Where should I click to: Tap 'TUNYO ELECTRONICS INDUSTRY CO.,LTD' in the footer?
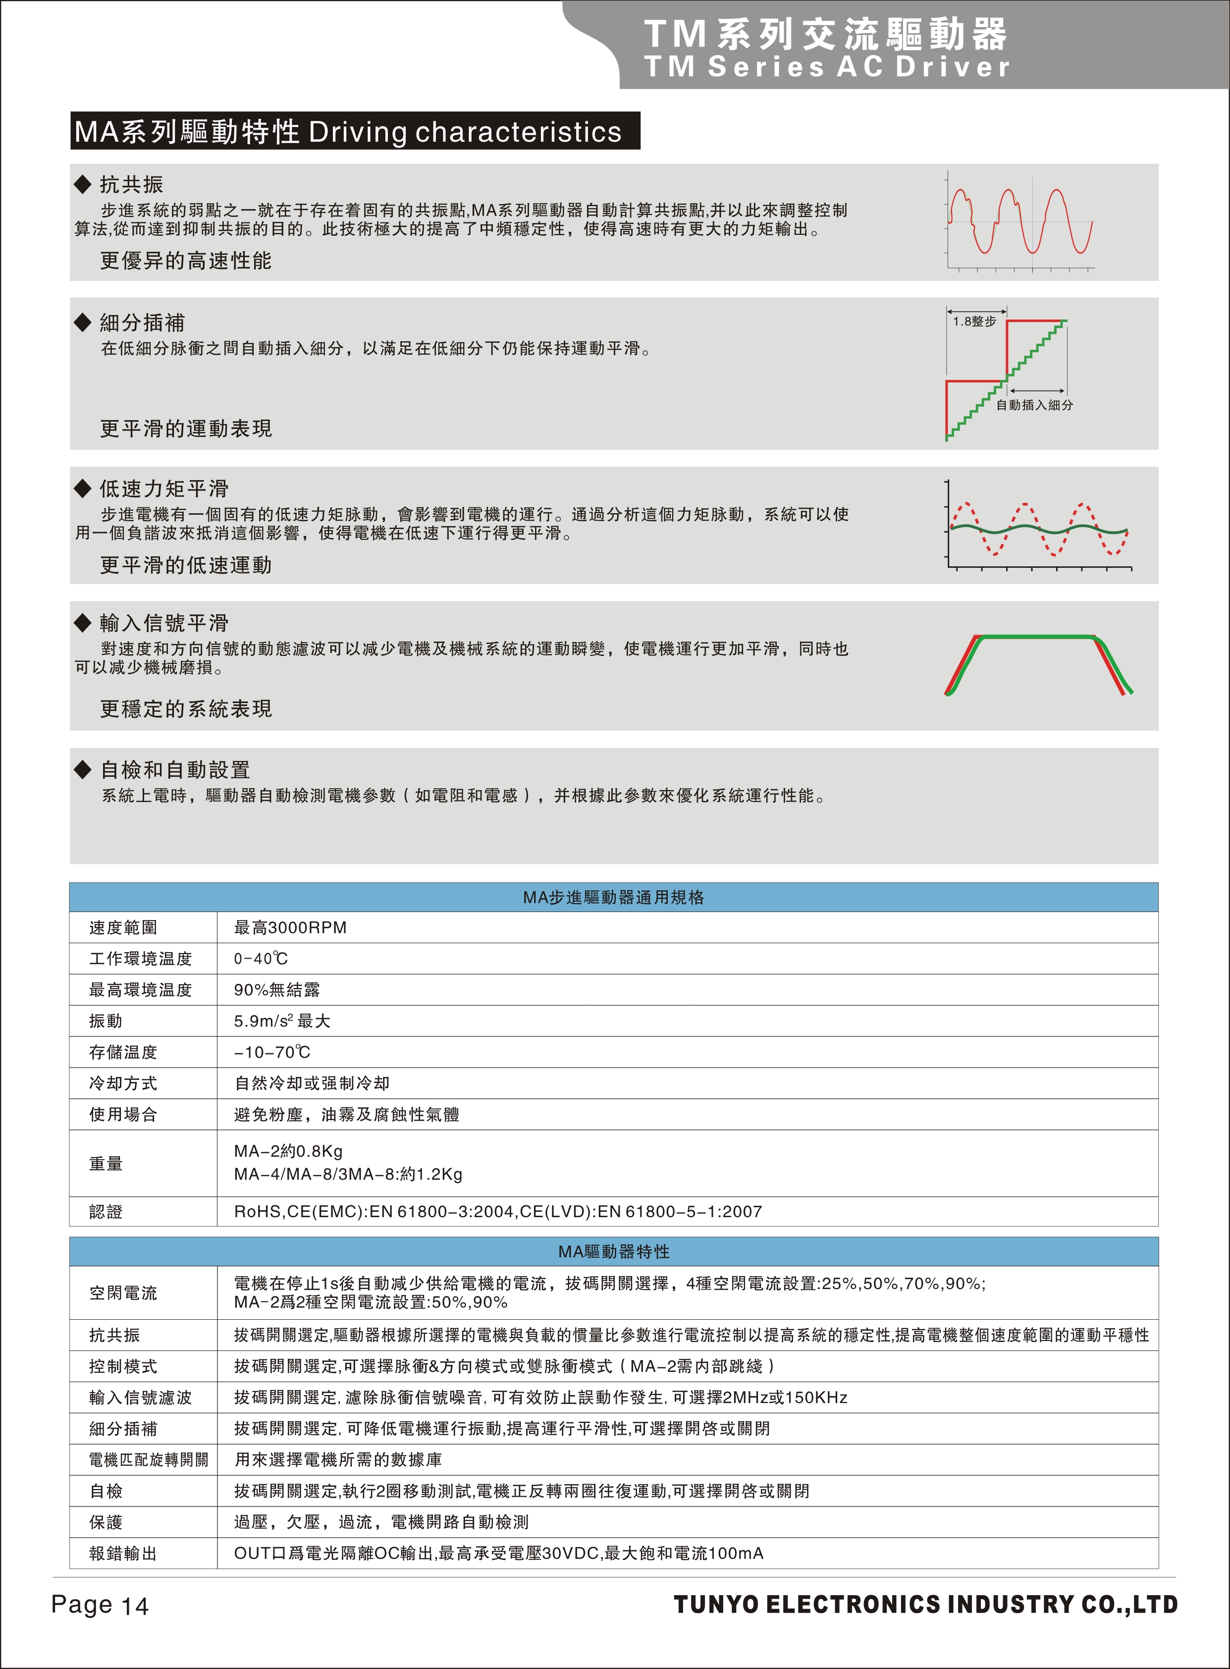[925, 1604]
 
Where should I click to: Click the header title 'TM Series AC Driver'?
[826, 67]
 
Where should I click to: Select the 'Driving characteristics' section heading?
[355, 132]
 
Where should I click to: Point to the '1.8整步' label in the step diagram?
[974, 322]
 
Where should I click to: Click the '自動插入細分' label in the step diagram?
[1034, 405]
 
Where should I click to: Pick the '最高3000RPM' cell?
[290, 927]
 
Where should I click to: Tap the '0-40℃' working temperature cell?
[261, 959]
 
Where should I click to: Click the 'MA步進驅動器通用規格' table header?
[613, 898]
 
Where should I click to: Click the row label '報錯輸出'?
[123, 1554]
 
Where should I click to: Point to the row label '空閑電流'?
[123, 1293]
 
